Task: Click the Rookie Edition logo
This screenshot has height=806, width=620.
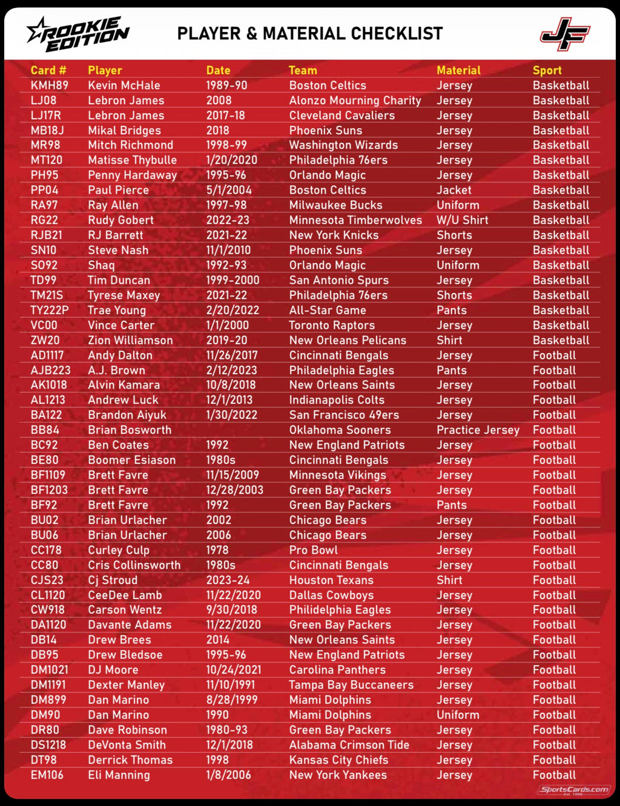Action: coord(78,33)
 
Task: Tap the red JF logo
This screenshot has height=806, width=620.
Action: coord(564,34)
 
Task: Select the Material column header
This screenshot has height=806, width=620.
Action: coord(458,70)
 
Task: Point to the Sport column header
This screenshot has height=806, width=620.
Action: coord(547,70)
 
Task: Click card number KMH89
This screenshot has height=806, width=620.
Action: coord(49,85)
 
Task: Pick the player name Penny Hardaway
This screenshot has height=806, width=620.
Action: coord(132,175)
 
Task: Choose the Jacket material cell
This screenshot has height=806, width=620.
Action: coord(453,190)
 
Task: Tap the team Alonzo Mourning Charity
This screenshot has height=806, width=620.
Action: coord(355,100)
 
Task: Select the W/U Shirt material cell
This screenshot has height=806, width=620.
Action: coord(462,220)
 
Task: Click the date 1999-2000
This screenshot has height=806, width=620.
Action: coord(232,280)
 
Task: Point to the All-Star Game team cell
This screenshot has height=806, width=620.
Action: coord(327,310)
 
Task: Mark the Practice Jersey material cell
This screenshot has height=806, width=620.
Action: coord(478,430)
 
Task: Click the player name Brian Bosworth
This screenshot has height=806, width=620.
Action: coord(129,430)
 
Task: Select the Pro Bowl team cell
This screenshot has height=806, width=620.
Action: coord(313,550)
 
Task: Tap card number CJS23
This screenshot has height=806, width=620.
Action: coord(47,580)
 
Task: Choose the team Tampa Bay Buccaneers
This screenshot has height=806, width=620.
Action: coord(351,685)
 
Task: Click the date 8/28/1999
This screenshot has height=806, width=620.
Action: coord(231,700)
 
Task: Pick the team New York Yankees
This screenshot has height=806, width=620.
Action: coord(338,775)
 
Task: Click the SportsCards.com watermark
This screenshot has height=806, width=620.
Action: coord(574,789)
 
